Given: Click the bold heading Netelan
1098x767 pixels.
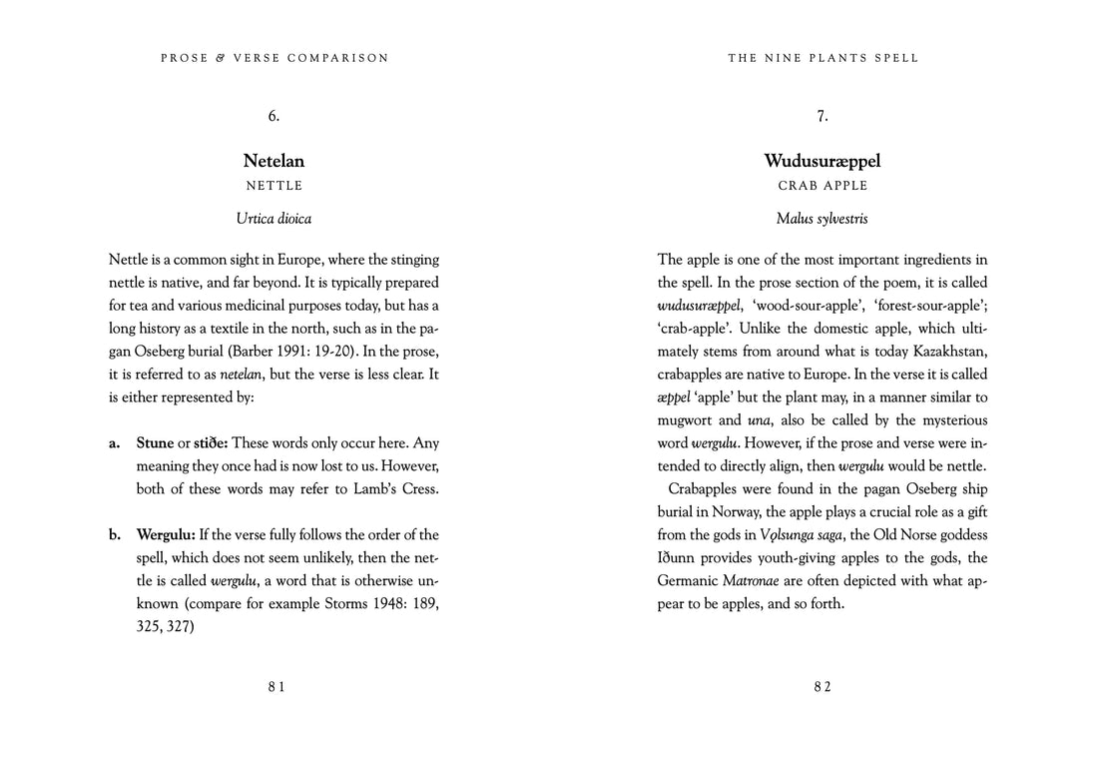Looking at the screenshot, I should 274,161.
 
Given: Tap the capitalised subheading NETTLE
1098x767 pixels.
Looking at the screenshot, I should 274,186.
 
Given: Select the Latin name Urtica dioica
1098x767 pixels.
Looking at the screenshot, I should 274,218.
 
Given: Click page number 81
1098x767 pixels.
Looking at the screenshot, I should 276,686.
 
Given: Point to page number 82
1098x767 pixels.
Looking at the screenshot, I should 823,686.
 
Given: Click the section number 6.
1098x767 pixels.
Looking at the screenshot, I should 274,116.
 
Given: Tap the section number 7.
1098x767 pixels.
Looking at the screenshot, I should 823,116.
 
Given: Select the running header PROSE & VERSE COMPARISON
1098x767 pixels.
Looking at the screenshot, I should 274,58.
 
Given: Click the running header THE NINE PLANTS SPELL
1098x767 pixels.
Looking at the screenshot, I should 823,58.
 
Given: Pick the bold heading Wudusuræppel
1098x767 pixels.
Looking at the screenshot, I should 823,161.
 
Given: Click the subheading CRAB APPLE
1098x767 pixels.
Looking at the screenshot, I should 823,186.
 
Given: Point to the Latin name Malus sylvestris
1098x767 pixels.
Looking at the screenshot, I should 823,218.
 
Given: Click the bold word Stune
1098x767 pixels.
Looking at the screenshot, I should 155,442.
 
